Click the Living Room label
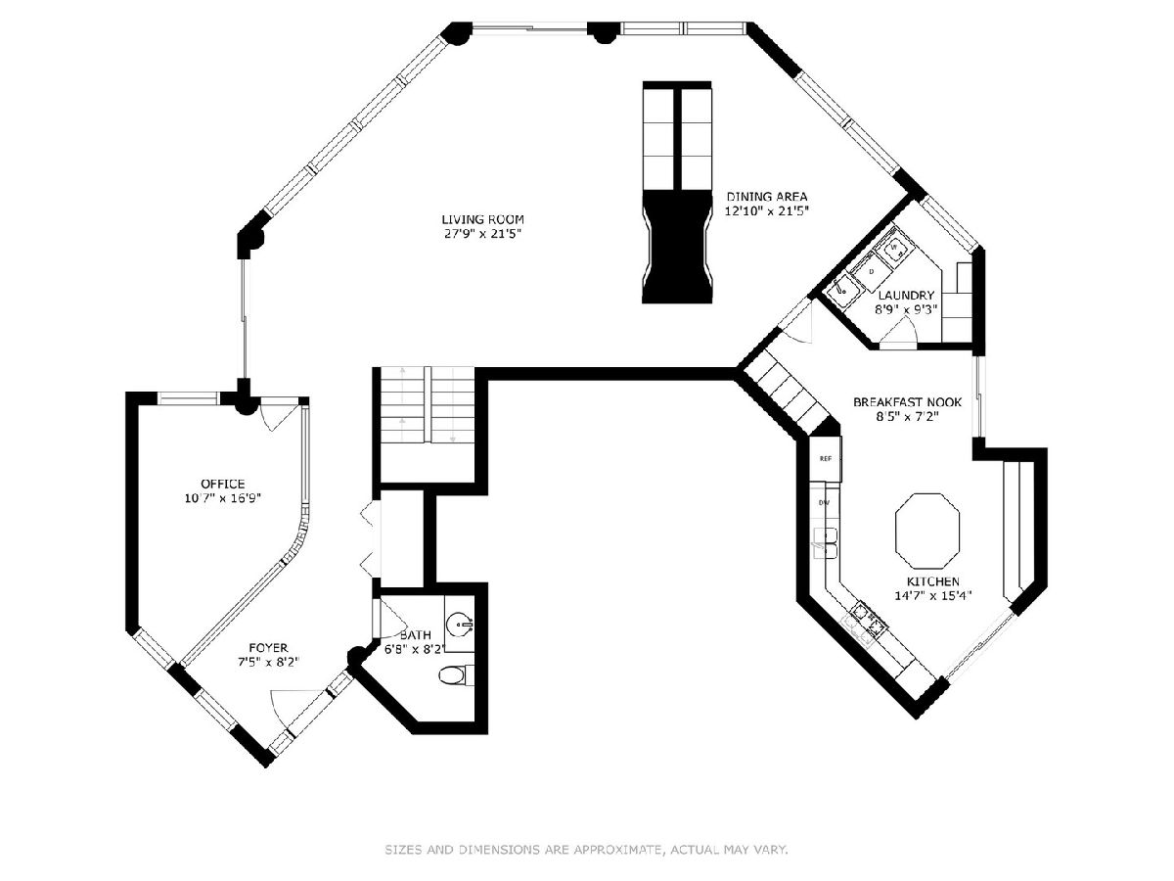coord(482,219)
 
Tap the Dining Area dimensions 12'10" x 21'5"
coord(765,211)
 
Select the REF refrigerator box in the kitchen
coord(826,459)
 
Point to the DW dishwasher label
coord(824,503)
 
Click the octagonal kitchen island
coord(927,532)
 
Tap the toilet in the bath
coord(456,675)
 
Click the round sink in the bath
coord(460,625)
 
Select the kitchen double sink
coord(826,543)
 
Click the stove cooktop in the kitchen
coord(870,618)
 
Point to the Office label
coord(222,485)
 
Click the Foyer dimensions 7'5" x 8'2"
coord(268,662)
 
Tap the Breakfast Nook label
coord(907,402)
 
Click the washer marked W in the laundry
coord(894,249)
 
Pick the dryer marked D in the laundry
coord(871,272)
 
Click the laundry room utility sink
coord(843,291)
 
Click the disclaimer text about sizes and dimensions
coord(586,849)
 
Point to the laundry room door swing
coord(899,333)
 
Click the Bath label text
coord(416,635)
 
